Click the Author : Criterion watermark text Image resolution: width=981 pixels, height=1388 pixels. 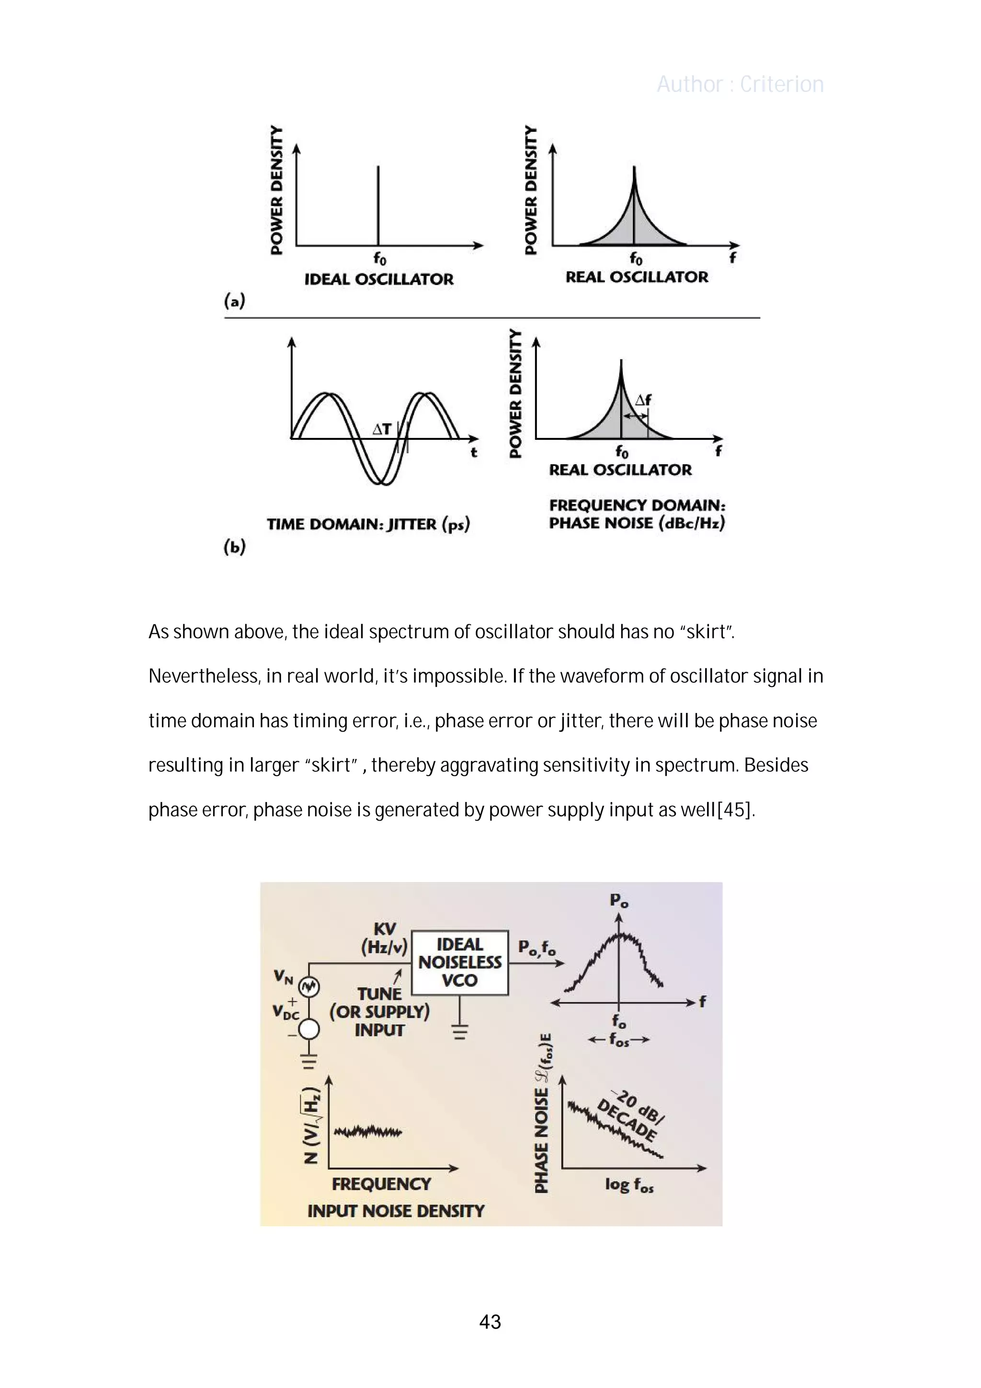(740, 84)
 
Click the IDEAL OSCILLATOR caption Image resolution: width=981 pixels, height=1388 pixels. (379, 279)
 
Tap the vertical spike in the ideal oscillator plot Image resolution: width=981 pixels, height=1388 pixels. (378, 206)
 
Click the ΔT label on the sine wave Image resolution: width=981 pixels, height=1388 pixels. (382, 429)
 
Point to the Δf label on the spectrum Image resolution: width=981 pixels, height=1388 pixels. (643, 400)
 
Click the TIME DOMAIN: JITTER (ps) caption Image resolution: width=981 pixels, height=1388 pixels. (368, 524)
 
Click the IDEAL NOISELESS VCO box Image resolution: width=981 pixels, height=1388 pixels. (460, 963)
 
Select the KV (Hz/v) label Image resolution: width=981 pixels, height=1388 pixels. (385, 938)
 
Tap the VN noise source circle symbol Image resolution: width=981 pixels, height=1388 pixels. (309, 987)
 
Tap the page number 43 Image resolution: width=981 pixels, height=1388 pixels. (490, 1321)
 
